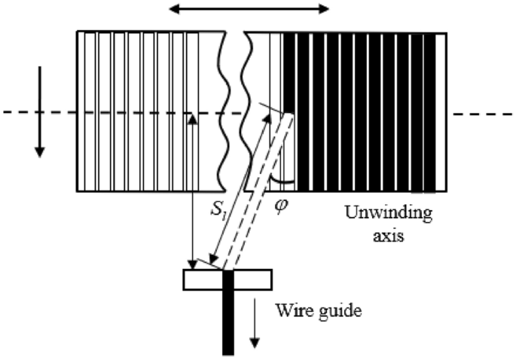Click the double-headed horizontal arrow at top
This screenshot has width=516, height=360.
(x=249, y=9)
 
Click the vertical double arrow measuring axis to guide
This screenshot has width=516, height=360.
(x=194, y=191)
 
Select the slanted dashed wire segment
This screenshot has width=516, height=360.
(x=258, y=194)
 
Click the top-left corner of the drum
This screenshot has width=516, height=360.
(x=78, y=32)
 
